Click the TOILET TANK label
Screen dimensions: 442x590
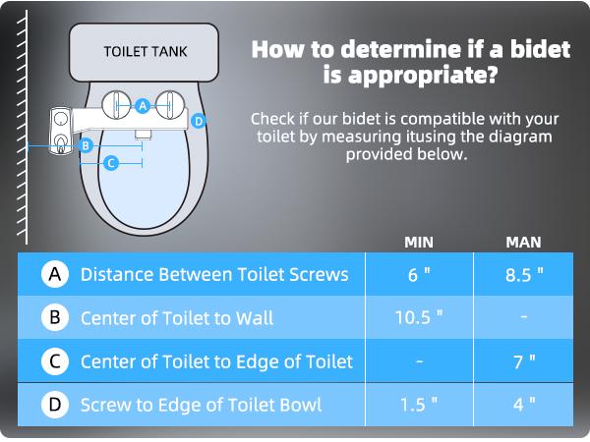(x=145, y=51)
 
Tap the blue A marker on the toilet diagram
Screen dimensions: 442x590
(x=143, y=104)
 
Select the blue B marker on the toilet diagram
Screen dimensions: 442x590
(x=86, y=146)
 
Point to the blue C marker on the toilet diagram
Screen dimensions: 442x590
(x=111, y=163)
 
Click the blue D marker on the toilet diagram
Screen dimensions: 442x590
(x=198, y=121)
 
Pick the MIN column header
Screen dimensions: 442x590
(x=420, y=242)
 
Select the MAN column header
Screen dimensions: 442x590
(x=523, y=242)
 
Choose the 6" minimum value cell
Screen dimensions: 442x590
(x=420, y=274)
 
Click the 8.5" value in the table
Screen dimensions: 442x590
(x=524, y=274)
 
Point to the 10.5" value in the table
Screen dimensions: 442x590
(x=420, y=317)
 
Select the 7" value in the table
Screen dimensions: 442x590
(x=524, y=360)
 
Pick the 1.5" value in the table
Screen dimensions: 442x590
(x=420, y=404)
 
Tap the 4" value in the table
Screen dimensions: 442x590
(x=524, y=404)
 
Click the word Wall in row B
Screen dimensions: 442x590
(x=255, y=317)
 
